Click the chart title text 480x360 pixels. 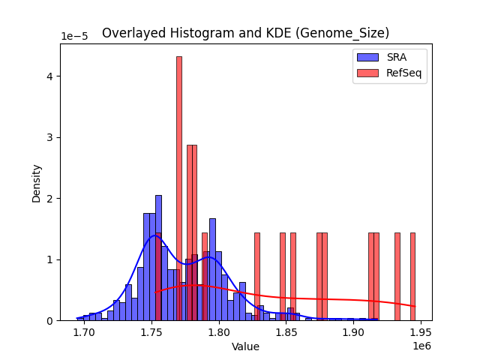click(x=245, y=33)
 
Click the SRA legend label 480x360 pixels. click(x=397, y=58)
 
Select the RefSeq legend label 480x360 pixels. click(x=403, y=73)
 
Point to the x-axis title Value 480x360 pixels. click(x=245, y=346)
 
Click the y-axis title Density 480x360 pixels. click(x=36, y=183)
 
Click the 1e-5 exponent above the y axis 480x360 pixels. click(x=74, y=37)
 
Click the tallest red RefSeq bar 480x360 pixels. click(x=179, y=187)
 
